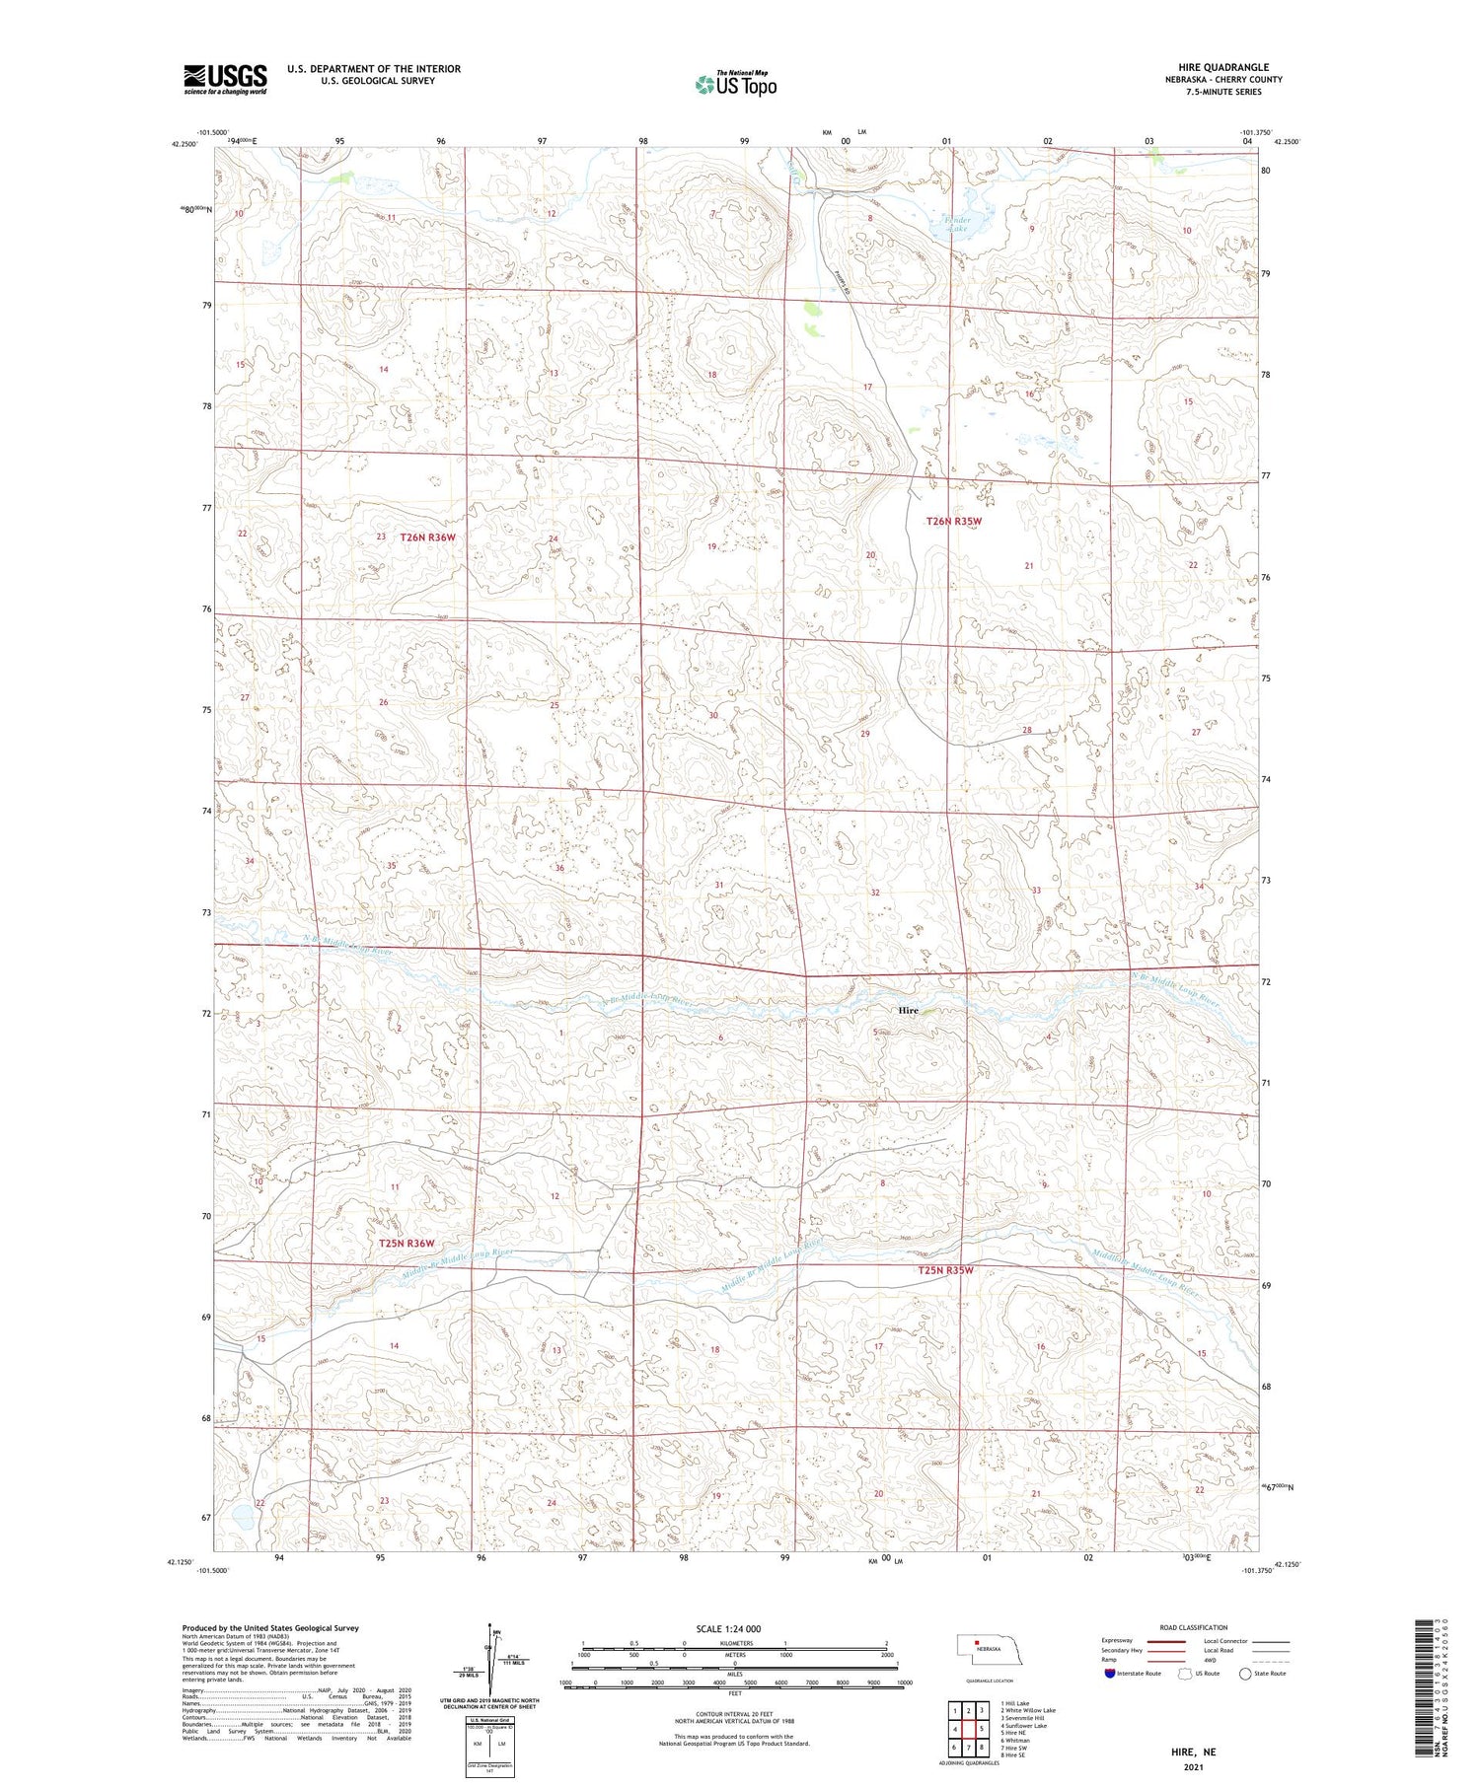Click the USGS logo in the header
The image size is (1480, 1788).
225,78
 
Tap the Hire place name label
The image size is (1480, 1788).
908,1011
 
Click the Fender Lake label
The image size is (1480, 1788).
957,224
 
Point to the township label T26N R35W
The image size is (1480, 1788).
953,521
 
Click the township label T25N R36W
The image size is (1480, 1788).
407,1244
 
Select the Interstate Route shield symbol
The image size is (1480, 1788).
1109,1674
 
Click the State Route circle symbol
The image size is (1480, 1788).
1245,1674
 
